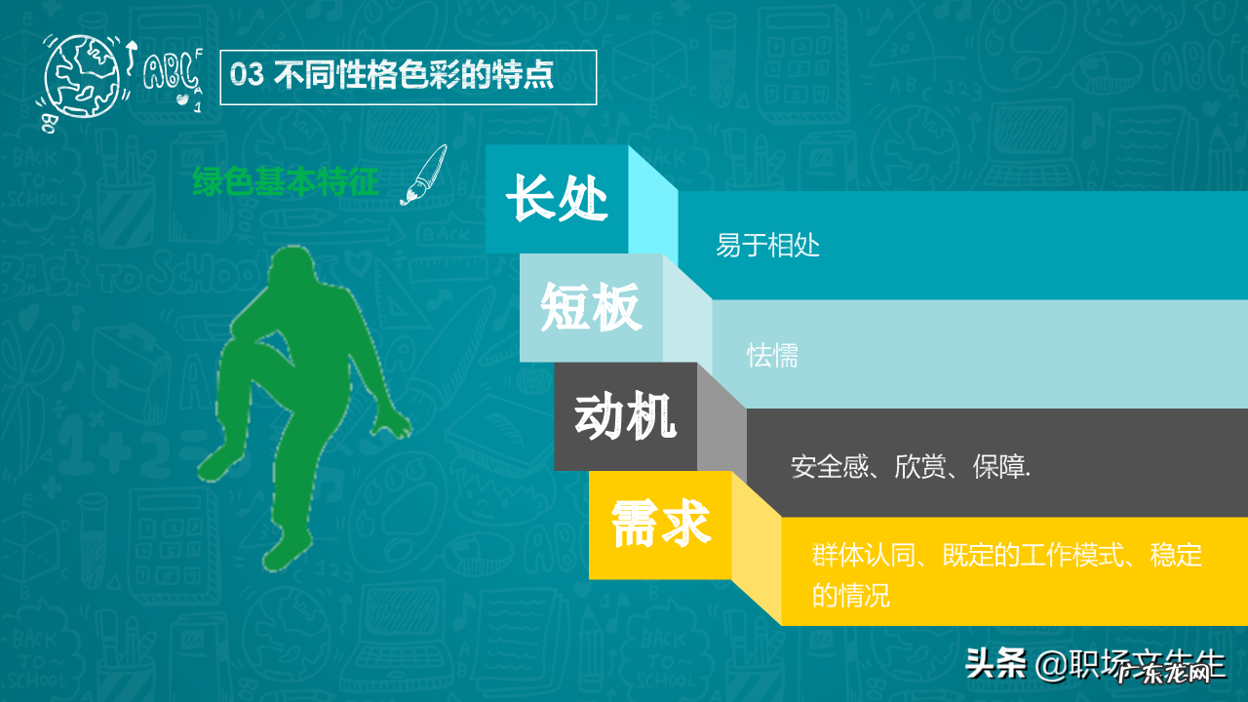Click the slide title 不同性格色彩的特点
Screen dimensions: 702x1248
click(x=414, y=76)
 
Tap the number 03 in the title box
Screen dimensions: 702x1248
click(x=248, y=76)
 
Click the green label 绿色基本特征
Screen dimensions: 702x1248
click(x=286, y=181)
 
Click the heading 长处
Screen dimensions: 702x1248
click(x=557, y=199)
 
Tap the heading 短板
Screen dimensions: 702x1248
click(x=591, y=308)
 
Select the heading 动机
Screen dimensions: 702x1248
click(x=625, y=417)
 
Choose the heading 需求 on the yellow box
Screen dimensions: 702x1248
click(x=660, y=525)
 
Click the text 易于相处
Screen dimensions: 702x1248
click(x=767, y=246)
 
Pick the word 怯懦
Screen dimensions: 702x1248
click(x=773, y=356)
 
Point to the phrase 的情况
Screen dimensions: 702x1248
click(x=851, y=595)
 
